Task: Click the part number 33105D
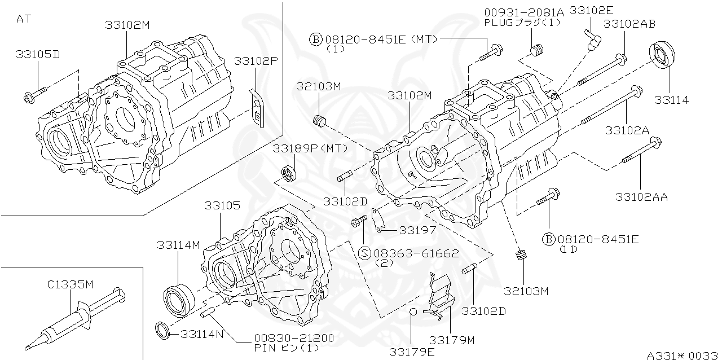coord(38,54)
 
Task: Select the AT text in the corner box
coord(24,18)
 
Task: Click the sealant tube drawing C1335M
coord(73,319)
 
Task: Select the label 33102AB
coord(629,24)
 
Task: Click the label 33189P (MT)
coord(310,148)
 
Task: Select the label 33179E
coord(412,352)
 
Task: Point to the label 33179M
coord(452,340)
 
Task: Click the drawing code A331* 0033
coord(681,355)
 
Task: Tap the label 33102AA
coord(642,197)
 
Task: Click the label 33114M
coord(179,245)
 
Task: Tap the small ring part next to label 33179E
coord(413,312)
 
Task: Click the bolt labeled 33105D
coord(35,94)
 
